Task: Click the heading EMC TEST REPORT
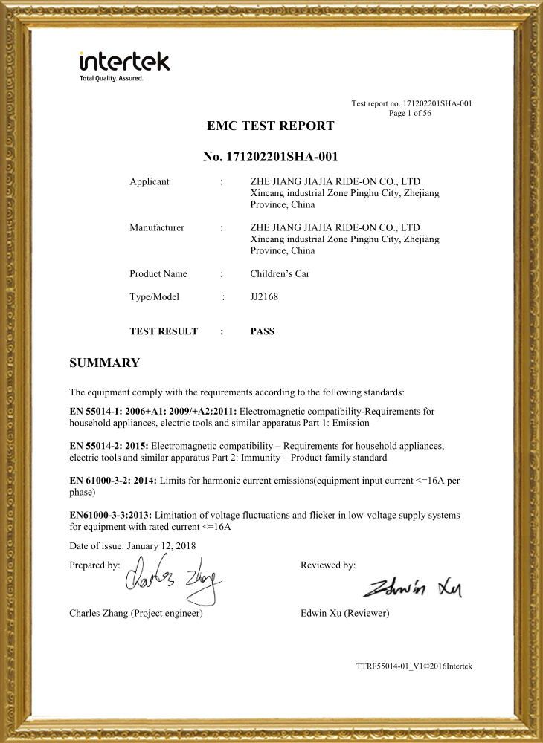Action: click(271, 126)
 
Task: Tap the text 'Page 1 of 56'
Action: click(410, 113)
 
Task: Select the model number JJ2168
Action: click(263, 297)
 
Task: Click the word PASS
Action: click(263, 331)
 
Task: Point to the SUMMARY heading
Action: click(104, 363)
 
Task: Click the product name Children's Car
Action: click(280, 274)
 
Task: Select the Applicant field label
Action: click(149, 182)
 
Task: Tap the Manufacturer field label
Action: click(157, 227)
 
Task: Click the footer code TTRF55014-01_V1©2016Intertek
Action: click(414, 666)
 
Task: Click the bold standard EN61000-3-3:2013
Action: click(110, 515)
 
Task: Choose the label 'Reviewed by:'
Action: click(328, 565)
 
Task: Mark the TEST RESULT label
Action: click(164, 331)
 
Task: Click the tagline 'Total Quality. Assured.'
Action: click(111, 78)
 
